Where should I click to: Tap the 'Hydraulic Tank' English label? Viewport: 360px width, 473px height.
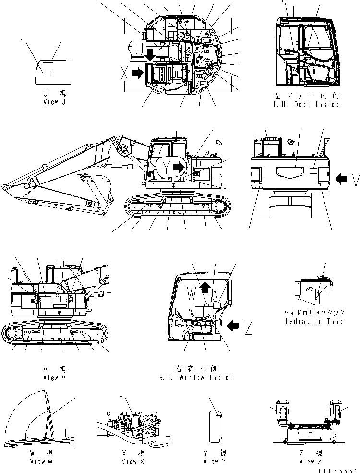[x=313, y=321]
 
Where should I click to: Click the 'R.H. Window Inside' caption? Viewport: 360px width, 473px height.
[x=196, y=377]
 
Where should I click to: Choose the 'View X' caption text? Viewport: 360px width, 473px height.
[x=129, y=461]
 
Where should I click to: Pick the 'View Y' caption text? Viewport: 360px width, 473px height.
[x=211, y=461]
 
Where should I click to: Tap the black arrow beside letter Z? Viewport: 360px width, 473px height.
[x=233, y=327]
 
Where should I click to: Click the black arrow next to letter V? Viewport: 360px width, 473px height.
[x=341, y=179]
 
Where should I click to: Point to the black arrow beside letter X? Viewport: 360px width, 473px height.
[x=138, y=73]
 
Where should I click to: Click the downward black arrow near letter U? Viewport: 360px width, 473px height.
[x=150, y=54]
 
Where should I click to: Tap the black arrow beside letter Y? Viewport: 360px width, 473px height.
[x=180, y=168]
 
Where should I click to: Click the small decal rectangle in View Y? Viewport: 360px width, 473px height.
[x=218, y=416]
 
